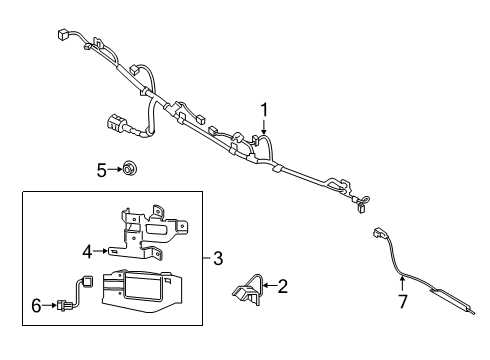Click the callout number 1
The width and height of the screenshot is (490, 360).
(x=264, y=109)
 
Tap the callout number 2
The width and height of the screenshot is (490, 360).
(x=282, y=288)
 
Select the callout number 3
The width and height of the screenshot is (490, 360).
(x=218, y=257)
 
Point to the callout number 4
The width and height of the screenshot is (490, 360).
(x=86, y=251)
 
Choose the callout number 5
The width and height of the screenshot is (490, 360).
(x=101, y=171)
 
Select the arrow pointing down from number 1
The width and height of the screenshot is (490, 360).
(x=264, y=126)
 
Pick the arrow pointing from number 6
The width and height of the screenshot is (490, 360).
(x=50, y=306)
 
